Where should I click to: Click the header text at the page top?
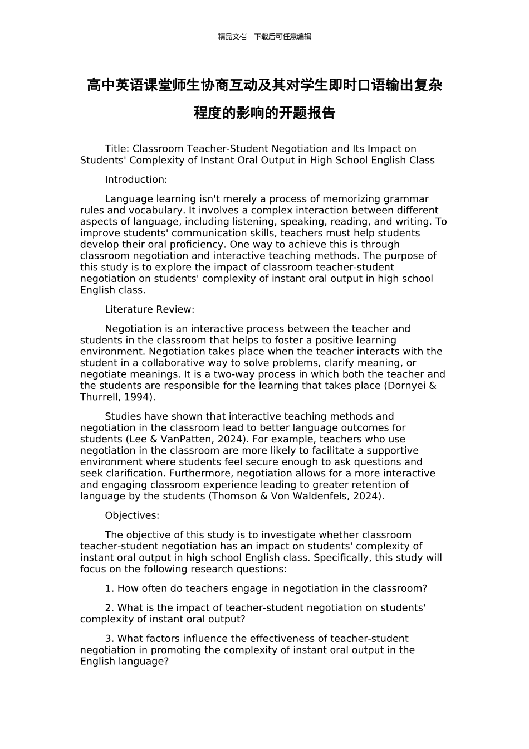pyautogui.click(x=264, y=37)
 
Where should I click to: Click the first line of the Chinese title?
pyautogui.click(x=264, y=85)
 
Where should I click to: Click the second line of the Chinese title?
pyautogui.click(x=264, y=113)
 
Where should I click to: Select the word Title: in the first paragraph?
pyautogui.click(x=117, y=149)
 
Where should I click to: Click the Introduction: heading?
pyautogui.click(x=136, y=179)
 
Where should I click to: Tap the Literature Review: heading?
pyautogui.click(x=149, y=309)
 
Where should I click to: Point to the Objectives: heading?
pyautogui.click(x=132, y=515)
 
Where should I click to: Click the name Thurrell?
pyautogui.click(x=99, y=397)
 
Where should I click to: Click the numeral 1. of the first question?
pyautogui.click(x=110, y=588)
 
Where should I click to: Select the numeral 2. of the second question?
pyautogui.click(x=110, y=608)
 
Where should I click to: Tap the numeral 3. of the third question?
pyautogui.click(x=110, y=639)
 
